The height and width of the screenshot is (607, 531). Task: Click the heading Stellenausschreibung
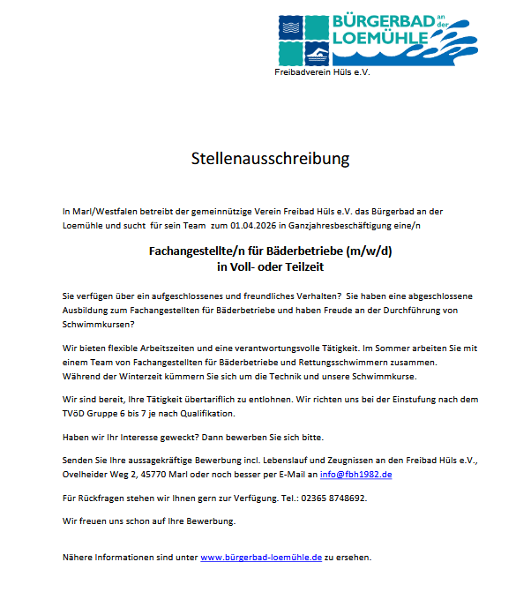click(270, 159)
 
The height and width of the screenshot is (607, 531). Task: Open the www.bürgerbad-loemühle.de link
click(261, 558)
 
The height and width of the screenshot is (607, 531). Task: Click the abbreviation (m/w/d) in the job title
click(370, 251)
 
